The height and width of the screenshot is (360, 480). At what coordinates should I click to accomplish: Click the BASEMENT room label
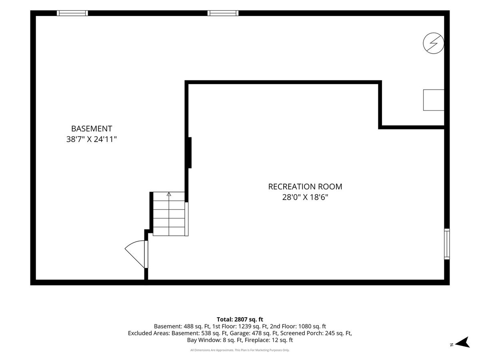(x=92, y=128)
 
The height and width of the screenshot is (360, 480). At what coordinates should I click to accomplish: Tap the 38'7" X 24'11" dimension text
(x=92, y=139)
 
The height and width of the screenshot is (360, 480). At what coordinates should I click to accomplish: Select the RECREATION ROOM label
(x=305, y=187)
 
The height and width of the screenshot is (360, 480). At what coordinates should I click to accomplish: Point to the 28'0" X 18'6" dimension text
(x=305, y=197)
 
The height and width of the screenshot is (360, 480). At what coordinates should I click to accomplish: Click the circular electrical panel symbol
(x=434, y=43)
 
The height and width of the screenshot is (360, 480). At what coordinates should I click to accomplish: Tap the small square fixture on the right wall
(x=434, y=100)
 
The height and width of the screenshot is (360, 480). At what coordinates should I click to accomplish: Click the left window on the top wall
(x=72, y=13)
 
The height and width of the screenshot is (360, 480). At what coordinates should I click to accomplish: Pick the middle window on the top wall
(x=223, y=13)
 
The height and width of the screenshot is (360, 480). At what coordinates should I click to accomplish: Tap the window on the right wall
(x=447, y=244)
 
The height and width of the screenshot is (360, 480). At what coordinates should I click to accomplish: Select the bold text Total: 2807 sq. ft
(x=240, y=319)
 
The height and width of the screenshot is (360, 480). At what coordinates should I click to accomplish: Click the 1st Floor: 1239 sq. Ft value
(x=240, y=326)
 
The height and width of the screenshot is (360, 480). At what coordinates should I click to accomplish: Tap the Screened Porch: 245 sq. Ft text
(x=316, y=333)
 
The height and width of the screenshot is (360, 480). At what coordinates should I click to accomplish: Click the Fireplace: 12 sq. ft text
(x=269, y=340)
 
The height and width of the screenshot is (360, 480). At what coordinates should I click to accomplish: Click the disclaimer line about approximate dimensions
(x=240, y=350)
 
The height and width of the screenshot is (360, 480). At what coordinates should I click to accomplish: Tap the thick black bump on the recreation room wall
(x=190, y=153)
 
